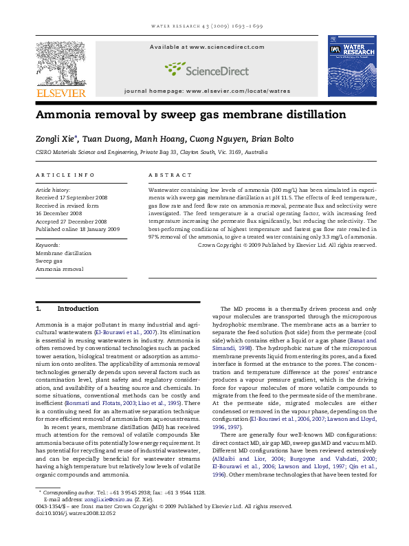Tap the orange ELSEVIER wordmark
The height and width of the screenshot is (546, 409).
[x=61, y=93]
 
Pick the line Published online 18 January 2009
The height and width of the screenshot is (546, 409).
[x=77, y=229]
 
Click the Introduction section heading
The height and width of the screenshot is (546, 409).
[x=78, y=309]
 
